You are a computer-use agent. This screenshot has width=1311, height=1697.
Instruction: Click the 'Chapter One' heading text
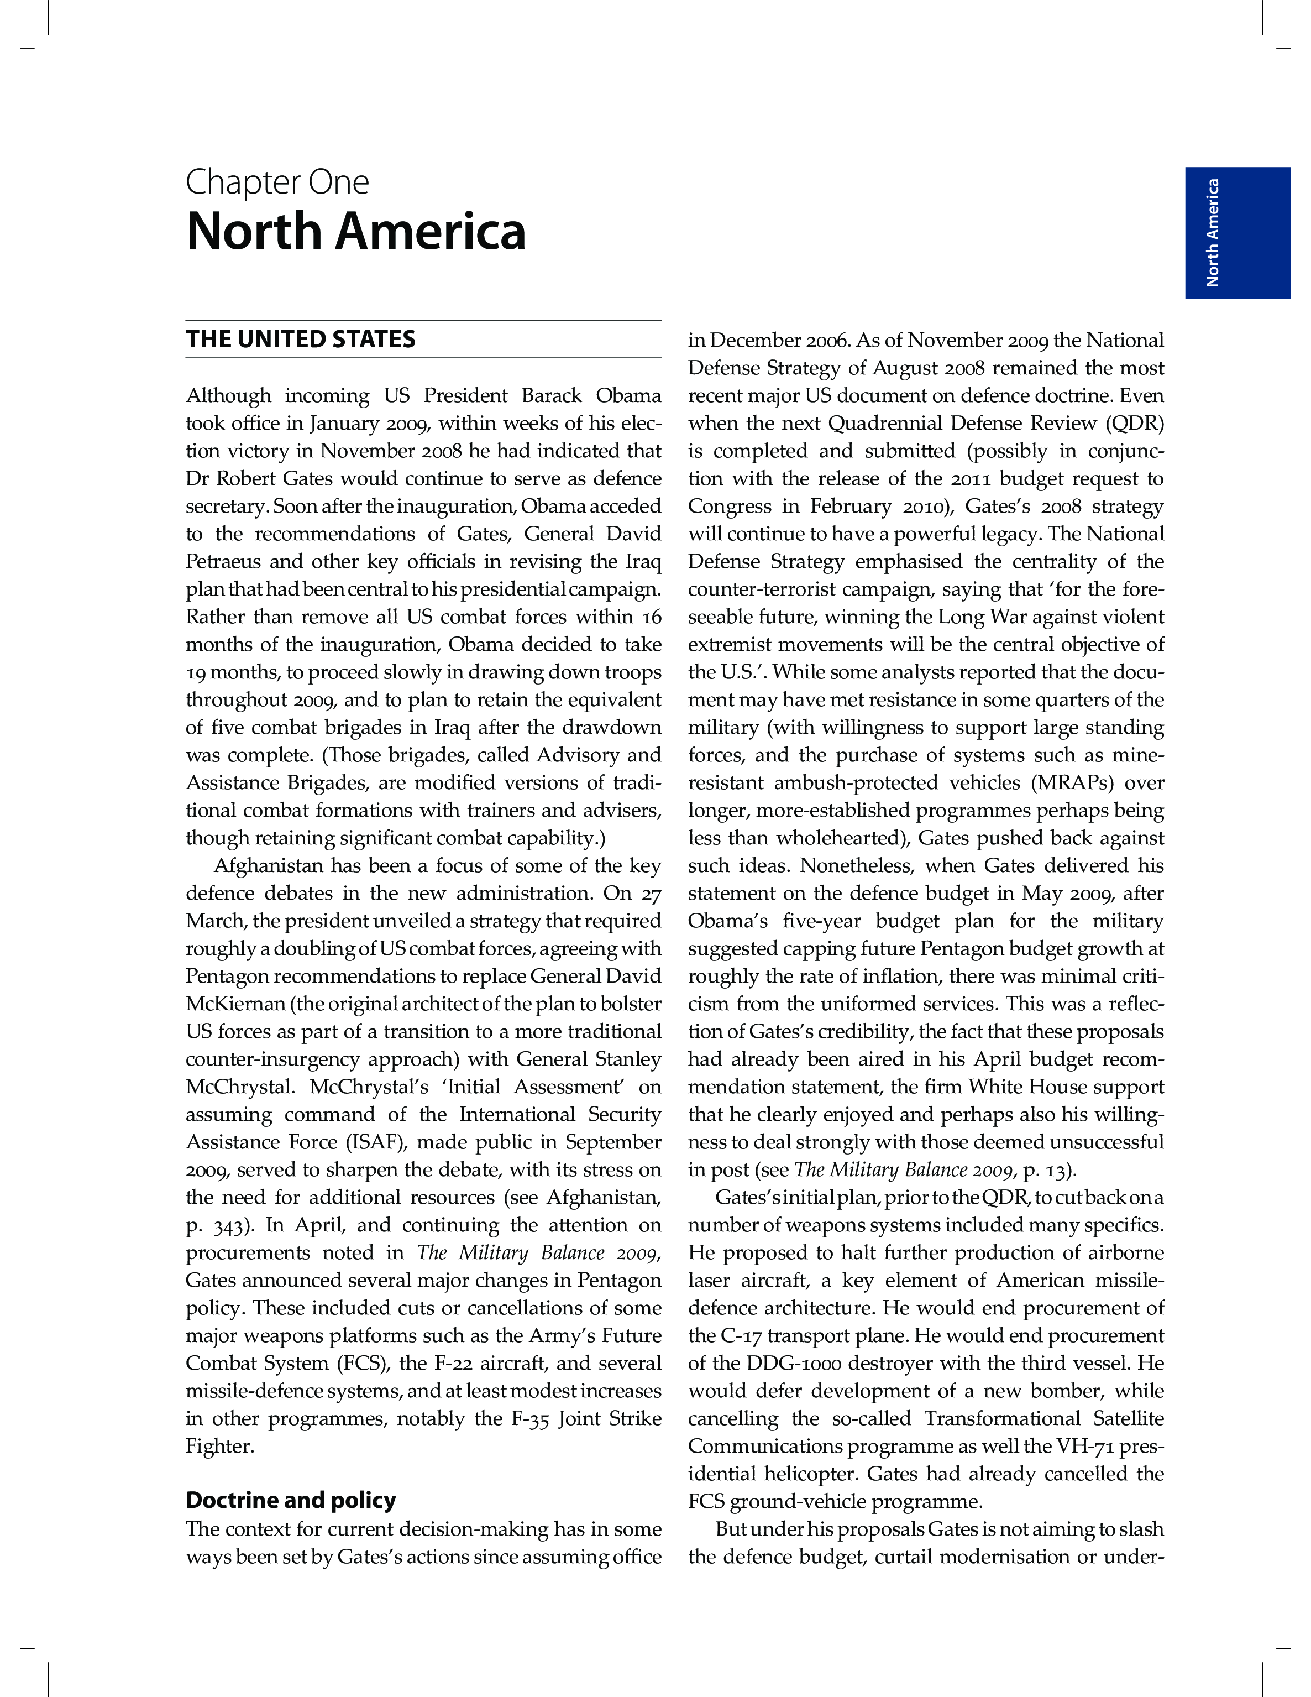tap(277, 182)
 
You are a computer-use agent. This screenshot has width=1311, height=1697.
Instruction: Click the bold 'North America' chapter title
tap(356, 232)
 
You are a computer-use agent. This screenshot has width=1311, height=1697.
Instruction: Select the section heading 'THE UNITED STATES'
tap(301, 340)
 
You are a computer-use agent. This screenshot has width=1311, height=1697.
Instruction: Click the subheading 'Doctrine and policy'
tap(291, 1500)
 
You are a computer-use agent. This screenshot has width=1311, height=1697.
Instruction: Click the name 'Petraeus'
tap(221, 562)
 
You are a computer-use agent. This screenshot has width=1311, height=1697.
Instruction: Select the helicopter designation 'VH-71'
tap(1085, 1447)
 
